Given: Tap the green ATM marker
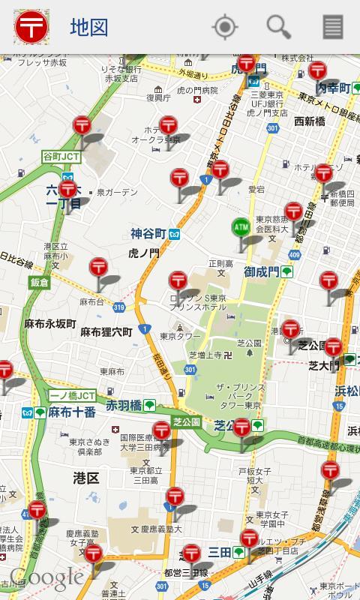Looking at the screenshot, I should tap(241, 227).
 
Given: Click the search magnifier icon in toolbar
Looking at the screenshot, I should tap(279, 27).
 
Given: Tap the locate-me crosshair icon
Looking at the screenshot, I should tap(224, 27).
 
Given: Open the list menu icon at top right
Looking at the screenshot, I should tap(333, 27).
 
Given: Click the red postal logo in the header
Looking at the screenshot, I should tap(31, 27).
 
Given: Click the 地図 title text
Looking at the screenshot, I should tap(89, 28).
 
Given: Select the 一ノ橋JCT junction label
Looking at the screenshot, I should tap(72, 395).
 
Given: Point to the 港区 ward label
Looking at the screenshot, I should tap(86, 478).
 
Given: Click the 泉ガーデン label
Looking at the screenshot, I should tap(117, 193).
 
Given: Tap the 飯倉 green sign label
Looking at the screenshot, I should tap(40, 282).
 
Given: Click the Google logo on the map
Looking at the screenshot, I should tap(46, 577).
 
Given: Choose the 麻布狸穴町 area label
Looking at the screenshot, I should tap(106, 331).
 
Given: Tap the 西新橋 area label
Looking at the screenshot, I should tap(309, 121).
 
